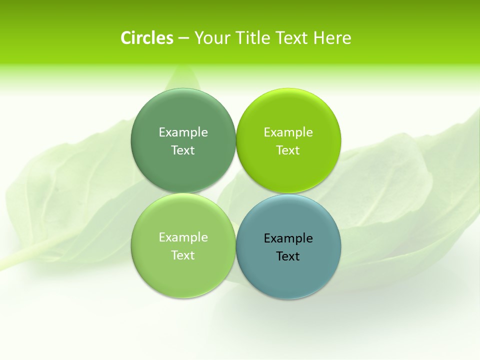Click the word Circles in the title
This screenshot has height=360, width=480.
tap(147, 38)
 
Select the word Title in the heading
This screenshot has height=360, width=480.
tap(254, 38)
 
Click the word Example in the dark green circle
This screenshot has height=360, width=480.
tap(183, 132)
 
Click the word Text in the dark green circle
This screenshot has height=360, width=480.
tap(183, 150)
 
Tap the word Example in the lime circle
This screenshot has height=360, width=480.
tap(288, 132)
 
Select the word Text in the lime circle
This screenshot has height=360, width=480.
tap(288, 150)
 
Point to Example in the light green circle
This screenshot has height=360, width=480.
tap(183, 237)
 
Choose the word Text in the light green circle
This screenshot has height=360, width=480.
tap(183, 255)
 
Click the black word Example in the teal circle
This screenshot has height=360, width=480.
tap(288, 238)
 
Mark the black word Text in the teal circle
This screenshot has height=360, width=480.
tap(288, 256)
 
